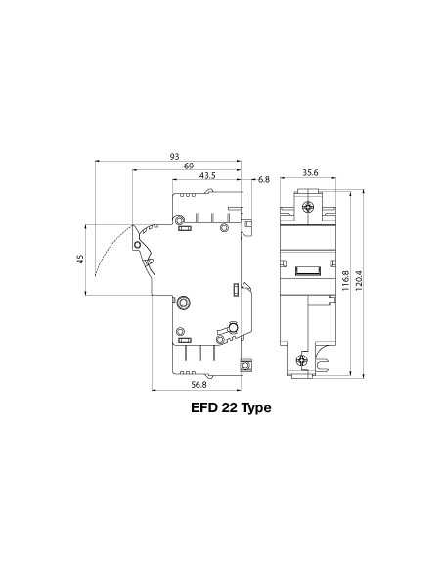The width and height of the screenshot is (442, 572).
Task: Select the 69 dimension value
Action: tap(188, 167)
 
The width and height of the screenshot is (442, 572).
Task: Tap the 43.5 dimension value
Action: tap(207, 176)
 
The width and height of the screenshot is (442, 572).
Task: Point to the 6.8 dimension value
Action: tap(264, 180)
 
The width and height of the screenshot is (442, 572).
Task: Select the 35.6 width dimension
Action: tap(309, 173)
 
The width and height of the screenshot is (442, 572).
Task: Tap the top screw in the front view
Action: tap(309, 207)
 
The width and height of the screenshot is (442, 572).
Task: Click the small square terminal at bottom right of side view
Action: tap(246, 366)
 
